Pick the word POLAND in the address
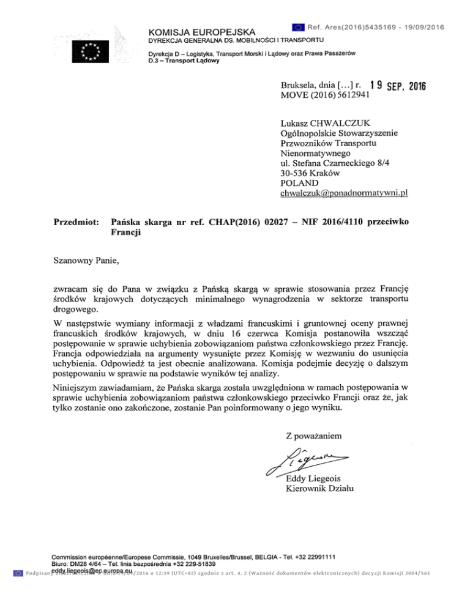[298, 183]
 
